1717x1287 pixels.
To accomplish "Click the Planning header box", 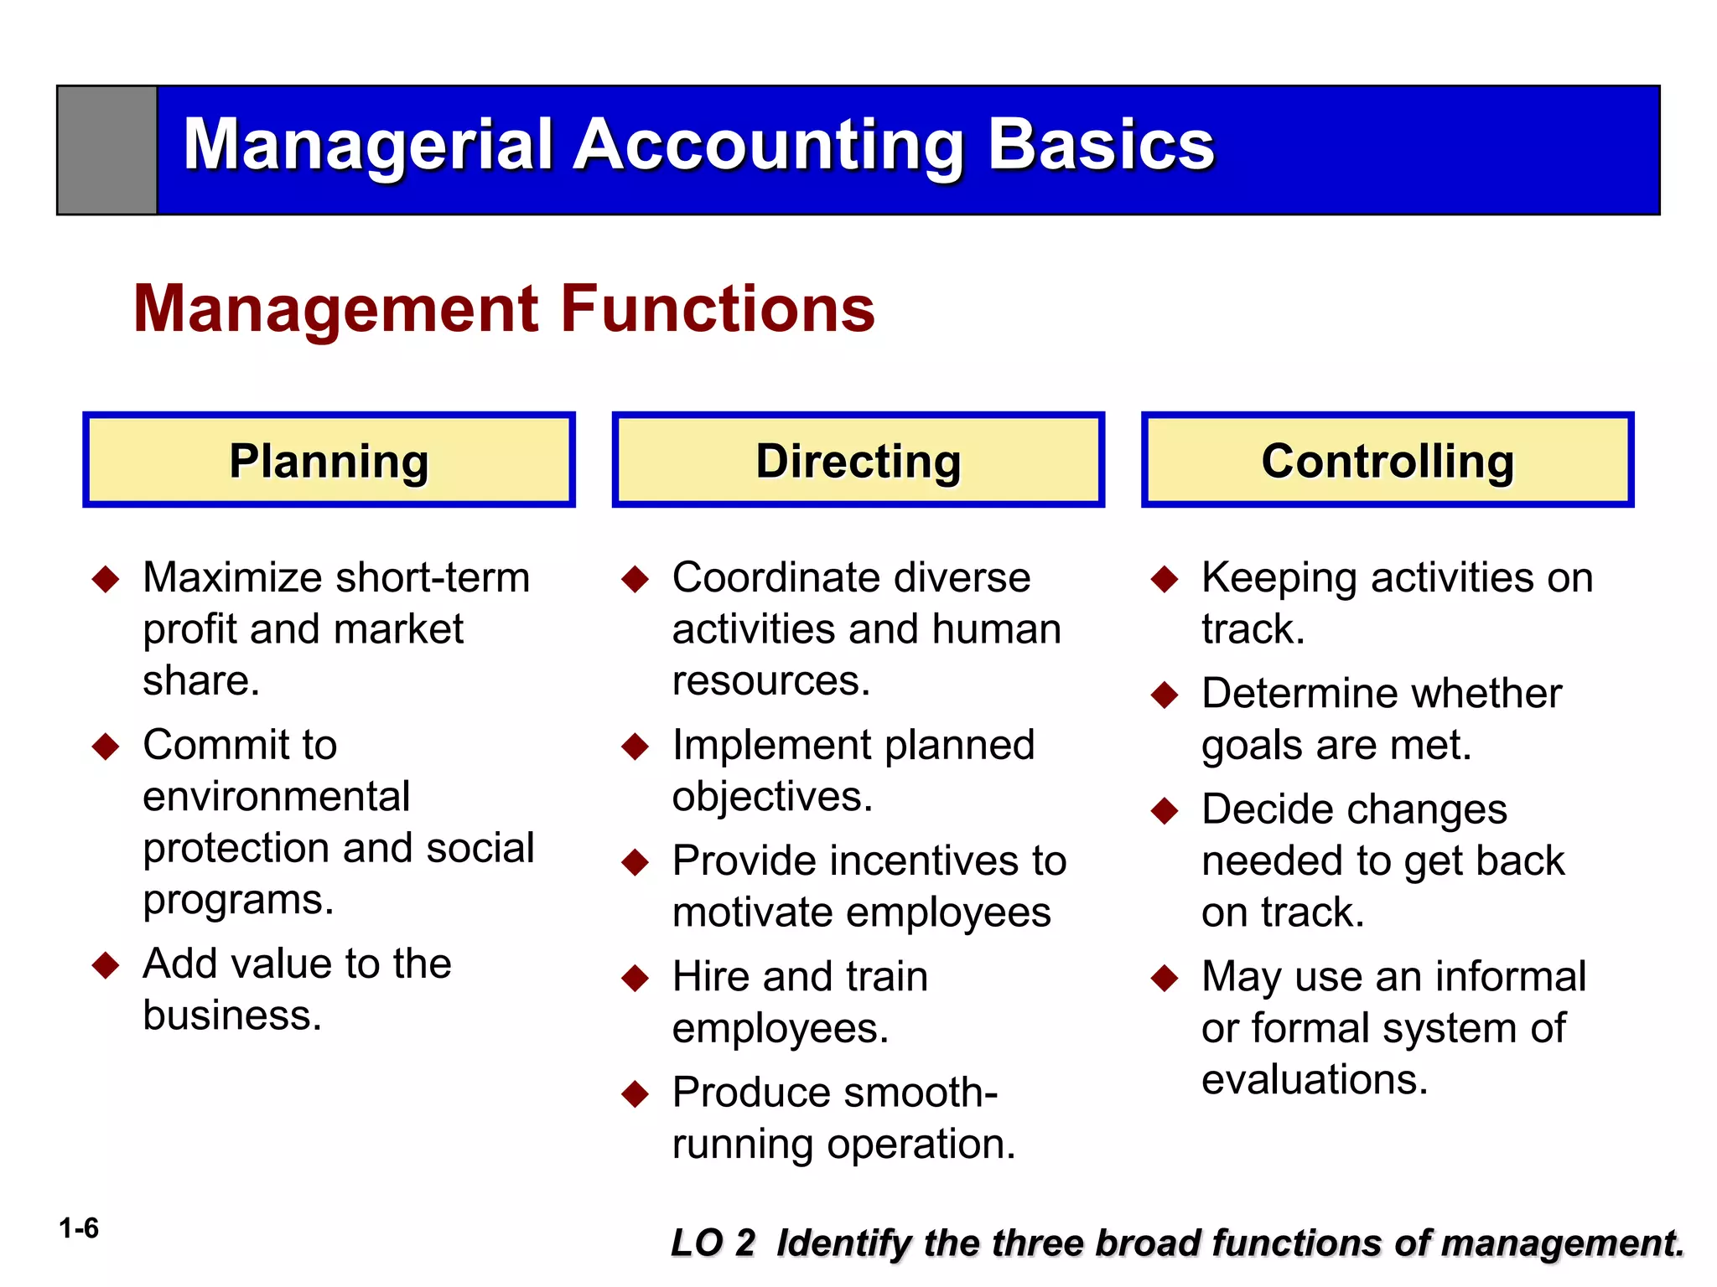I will pyautogui.click(x=329, y=460).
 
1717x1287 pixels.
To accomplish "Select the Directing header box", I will pyautogui.click(x=858, y=460).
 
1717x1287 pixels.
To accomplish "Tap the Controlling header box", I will pyautogui.click(x=1388, y=460).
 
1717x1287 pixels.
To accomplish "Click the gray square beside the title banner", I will pyautogui.click(x=107, y=150).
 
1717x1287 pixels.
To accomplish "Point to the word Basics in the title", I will pyautogui.click(x=1101, y=145).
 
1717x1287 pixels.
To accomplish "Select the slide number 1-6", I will pyautogui.click(x=78, y=1228).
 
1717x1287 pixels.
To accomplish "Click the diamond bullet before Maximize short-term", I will pyautogui.click(x=106, y=579).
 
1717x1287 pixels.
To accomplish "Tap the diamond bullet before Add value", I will pyautogui.click(x=106, y=965).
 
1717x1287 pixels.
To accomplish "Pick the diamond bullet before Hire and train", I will pyautogui.click(x=635, y=978).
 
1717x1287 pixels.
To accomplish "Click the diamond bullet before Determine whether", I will pyautogui.click(x=1165, y=695).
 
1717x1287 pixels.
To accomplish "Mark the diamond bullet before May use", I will pyautogui.click(x=1165, y=978).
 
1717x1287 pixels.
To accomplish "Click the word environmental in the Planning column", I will pyautogui.click(x=277, y=796).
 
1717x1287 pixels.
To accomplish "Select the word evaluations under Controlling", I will pyautogui.click(x=1314, y=1079).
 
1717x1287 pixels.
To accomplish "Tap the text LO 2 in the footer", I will pyautogui.click(x=713, y=1243).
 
